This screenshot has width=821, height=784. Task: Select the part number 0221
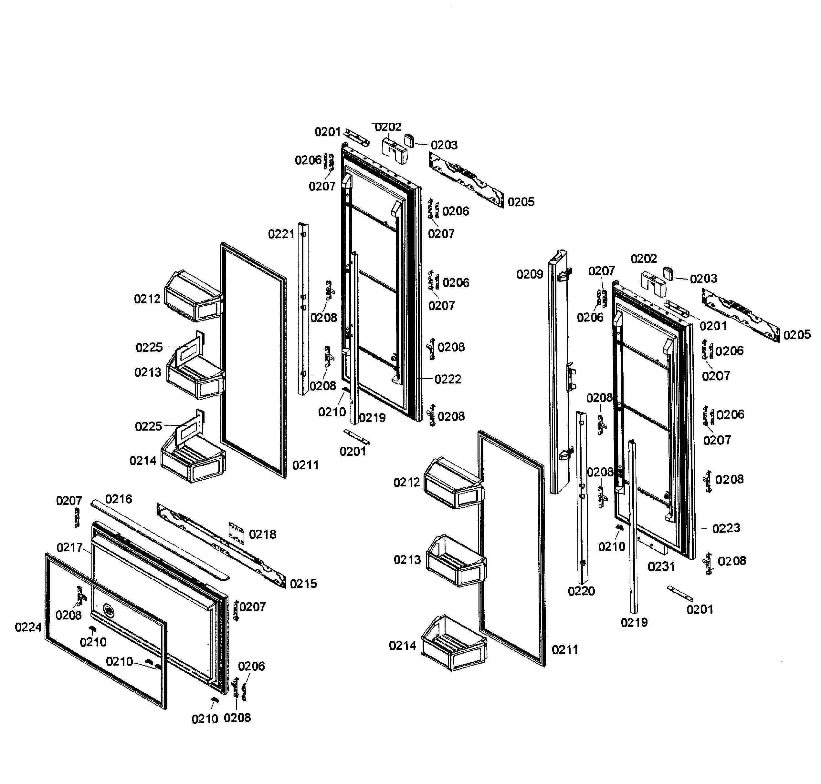pos(281,234)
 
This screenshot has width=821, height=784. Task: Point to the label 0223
pos(726,528)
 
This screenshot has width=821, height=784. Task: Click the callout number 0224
pos(28,627)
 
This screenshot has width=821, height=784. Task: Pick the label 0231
pos(661,567)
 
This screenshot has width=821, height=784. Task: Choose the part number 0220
pos(581,591)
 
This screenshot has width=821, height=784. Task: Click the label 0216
pos(118,499)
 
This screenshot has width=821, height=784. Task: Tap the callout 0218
pos(263,534)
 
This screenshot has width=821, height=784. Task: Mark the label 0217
pos(69,547)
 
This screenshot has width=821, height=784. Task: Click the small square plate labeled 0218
pos(236,533)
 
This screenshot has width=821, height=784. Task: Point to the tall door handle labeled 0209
pos(559,372)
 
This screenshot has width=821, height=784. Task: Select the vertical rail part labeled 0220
pos(582,497)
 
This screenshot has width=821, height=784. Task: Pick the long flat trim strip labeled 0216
pos(159,539)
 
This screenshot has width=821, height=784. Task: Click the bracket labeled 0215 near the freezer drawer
pos(222,543)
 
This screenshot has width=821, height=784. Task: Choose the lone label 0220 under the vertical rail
pos(581,591)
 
